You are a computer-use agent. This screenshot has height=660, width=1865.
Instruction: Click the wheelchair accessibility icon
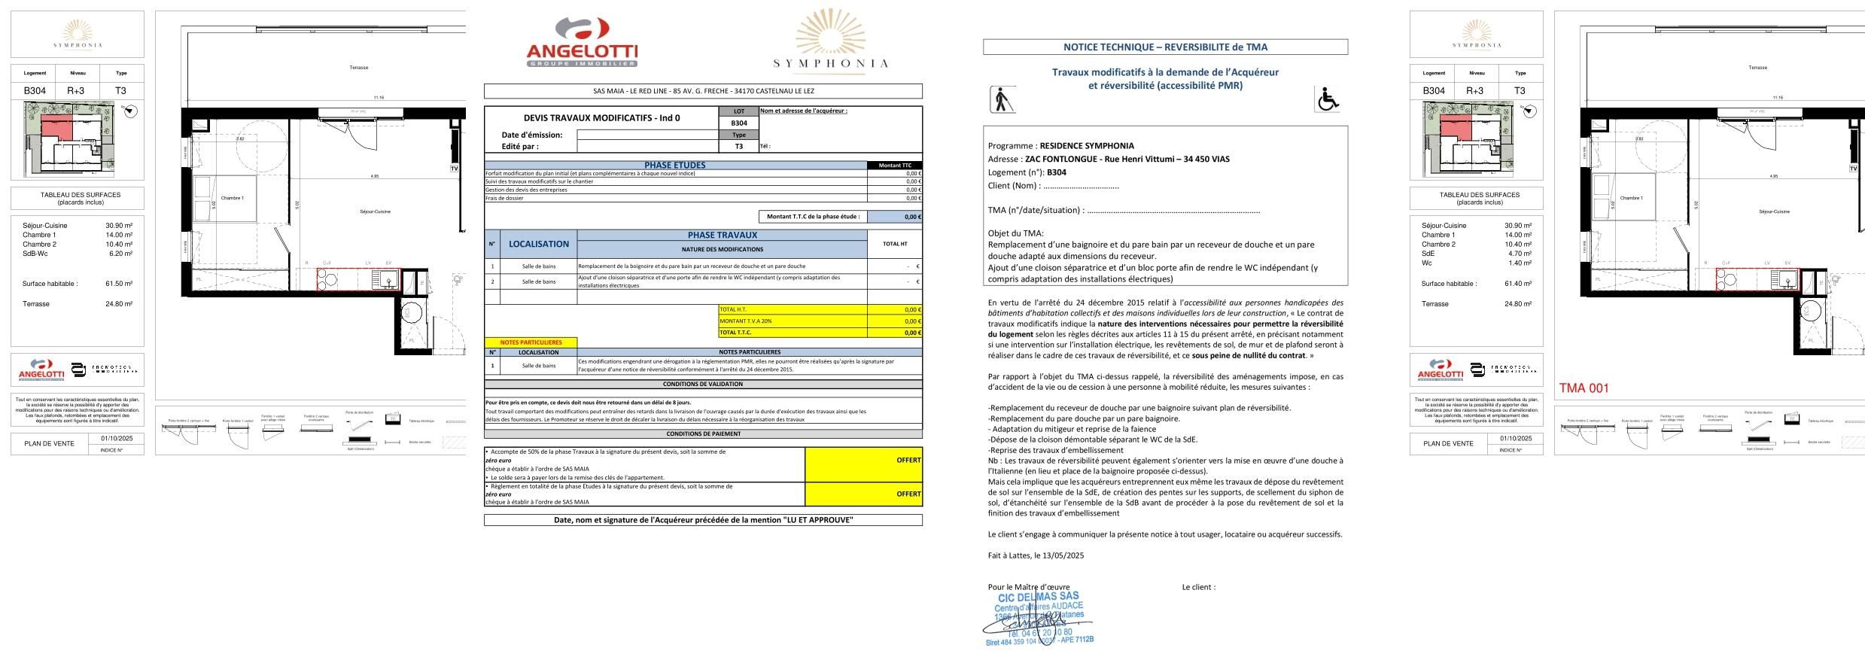pos(1327,99)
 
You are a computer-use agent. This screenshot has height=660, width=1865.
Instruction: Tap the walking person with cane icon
pos(1002,99)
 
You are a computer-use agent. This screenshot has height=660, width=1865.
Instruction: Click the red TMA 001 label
pos(1584,388)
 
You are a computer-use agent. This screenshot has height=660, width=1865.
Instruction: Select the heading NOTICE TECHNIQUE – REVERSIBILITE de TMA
pos(1164,47)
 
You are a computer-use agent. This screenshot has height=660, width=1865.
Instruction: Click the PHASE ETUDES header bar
pos(675,165)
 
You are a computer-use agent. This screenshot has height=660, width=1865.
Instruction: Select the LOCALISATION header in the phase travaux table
pos(538,244)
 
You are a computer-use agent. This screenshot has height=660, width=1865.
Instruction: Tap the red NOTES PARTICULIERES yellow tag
pos(531,342)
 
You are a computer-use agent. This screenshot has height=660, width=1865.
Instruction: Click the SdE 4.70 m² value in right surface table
pos(1519,254)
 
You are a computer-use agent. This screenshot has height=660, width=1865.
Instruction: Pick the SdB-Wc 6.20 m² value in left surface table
pos(120,254)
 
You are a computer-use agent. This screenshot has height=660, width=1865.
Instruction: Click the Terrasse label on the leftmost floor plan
pos(359,68)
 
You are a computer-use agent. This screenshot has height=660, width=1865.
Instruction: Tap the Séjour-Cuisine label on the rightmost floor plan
pos(1774,211)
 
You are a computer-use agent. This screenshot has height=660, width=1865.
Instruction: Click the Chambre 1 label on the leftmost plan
pos(232,198)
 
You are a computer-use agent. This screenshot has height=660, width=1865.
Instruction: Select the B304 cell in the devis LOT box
pos(738,123)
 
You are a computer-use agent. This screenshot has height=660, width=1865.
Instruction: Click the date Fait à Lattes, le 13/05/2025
pos(1036,555)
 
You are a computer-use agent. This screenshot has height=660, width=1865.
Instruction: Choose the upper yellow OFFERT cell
pos(863,460)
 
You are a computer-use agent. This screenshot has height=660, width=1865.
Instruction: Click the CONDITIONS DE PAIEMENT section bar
pos(703,433)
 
